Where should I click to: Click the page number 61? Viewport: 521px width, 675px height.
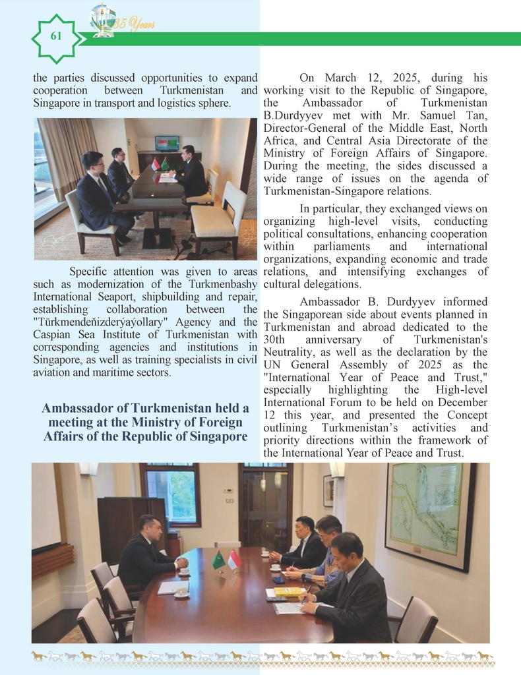click(x=56, y=36)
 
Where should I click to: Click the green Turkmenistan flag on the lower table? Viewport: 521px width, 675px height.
click(x=218, y=560)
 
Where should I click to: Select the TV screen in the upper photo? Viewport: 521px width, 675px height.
click(x=167, y=142)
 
